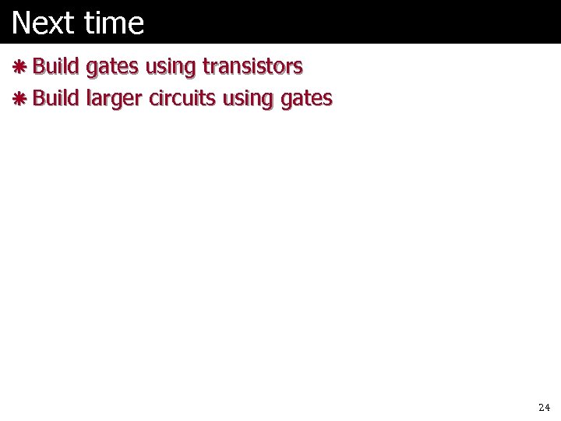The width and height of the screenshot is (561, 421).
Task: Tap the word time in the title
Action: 115,23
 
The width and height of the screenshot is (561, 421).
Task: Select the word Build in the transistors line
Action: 56,67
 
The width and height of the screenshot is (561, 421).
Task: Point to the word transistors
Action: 252,67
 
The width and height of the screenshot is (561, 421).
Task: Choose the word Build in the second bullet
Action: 56,98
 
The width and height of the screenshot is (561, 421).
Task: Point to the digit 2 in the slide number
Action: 541,408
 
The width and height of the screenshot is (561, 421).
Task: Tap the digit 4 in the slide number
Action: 547,408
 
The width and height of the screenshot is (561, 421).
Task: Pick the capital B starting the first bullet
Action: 38,67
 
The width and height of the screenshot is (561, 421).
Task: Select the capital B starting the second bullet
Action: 38,98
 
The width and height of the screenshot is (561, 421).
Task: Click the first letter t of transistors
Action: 205,67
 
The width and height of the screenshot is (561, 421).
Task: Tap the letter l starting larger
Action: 88,98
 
